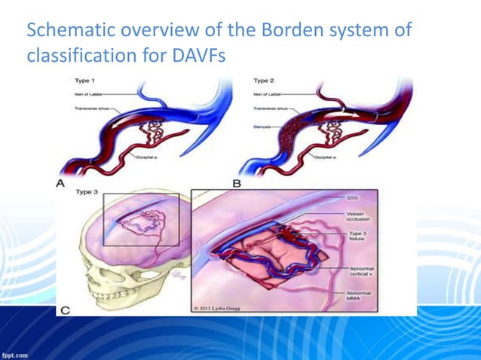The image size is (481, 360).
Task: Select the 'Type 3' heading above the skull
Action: pyautogui.click(x=88, y=192)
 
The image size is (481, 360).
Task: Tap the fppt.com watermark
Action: pyautogui.click(x=15, y=353)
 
